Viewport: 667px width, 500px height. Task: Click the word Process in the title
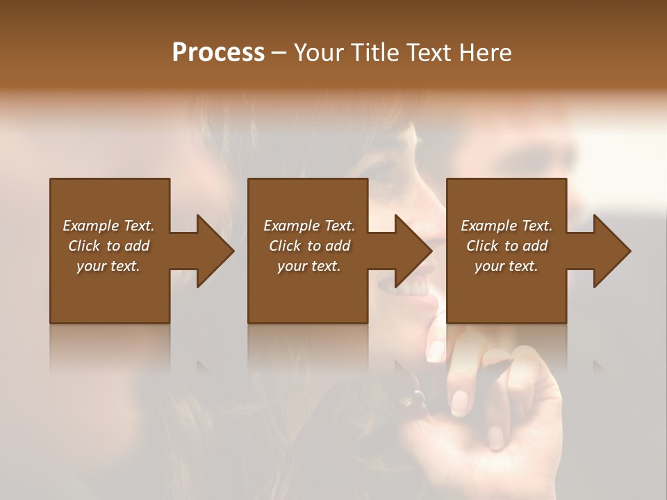coord(218,52)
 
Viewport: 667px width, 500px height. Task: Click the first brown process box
coord(110,292)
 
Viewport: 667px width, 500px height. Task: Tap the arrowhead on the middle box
coord(413,251)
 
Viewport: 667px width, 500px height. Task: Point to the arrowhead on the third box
coord(611,251)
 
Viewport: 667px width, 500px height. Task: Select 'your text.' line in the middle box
coord(308,266)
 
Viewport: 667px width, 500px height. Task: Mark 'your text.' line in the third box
coord(507,266)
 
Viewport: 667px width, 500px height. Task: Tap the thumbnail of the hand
coord(459,401)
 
